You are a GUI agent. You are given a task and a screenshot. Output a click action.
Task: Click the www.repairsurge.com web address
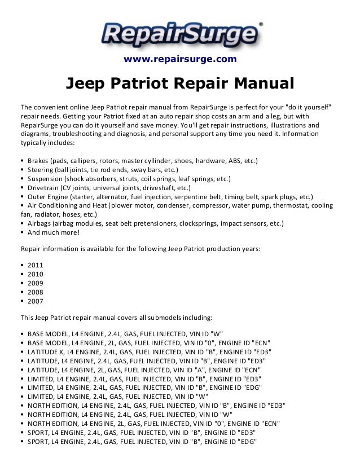[x=180, y=59]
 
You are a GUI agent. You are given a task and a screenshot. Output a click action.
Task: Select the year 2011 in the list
[x=35, y=264]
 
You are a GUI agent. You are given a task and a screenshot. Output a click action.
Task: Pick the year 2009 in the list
[x=35, y=284]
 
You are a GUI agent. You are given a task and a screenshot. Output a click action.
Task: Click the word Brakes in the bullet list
[x=38, y=161]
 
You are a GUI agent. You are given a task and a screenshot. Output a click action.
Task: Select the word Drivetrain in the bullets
[x=45, y=188]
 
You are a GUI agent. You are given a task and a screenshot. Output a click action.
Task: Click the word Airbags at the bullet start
[x=39, y=223]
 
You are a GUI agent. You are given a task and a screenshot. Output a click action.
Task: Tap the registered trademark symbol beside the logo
[x=260, y=24]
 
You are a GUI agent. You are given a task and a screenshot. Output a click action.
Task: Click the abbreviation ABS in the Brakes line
[x=231, y=161]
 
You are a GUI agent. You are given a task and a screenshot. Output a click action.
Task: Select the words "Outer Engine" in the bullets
[x=50, y=197]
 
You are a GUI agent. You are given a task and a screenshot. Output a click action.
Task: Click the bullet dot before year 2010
[x=21, y=274]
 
